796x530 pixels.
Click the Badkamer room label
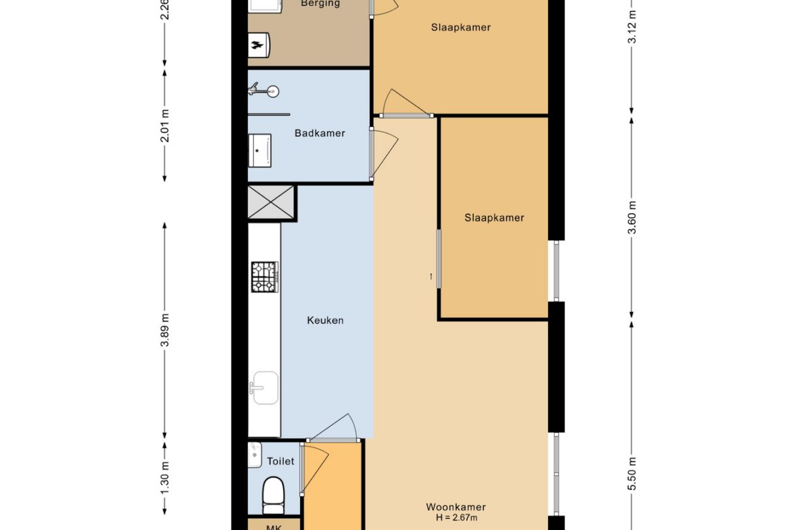[x=319, y=133]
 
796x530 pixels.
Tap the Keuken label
[x=325, y=320]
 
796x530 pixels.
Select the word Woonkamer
[x=455, y=507]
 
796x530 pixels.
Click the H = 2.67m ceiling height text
[x=455, y=518]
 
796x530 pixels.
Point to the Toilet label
[x=281, y=461]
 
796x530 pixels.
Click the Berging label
[x=320, y=4]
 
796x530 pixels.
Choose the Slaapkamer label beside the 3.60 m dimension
[x=494, y=218]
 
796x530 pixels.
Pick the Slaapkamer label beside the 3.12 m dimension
[x=461, y=27]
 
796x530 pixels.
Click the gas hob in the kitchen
[x=265, y=276]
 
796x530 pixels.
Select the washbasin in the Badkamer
[x=260, y=150]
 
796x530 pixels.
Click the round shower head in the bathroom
[x=272, y=92]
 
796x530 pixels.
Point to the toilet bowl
[x=273, y=493]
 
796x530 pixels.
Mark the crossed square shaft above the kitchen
[x=271, y=203]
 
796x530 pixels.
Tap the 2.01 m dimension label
[x=164, y=125]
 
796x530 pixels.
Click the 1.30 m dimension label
[x=164, y=478]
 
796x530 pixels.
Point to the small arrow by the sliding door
[x=431, y=276]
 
